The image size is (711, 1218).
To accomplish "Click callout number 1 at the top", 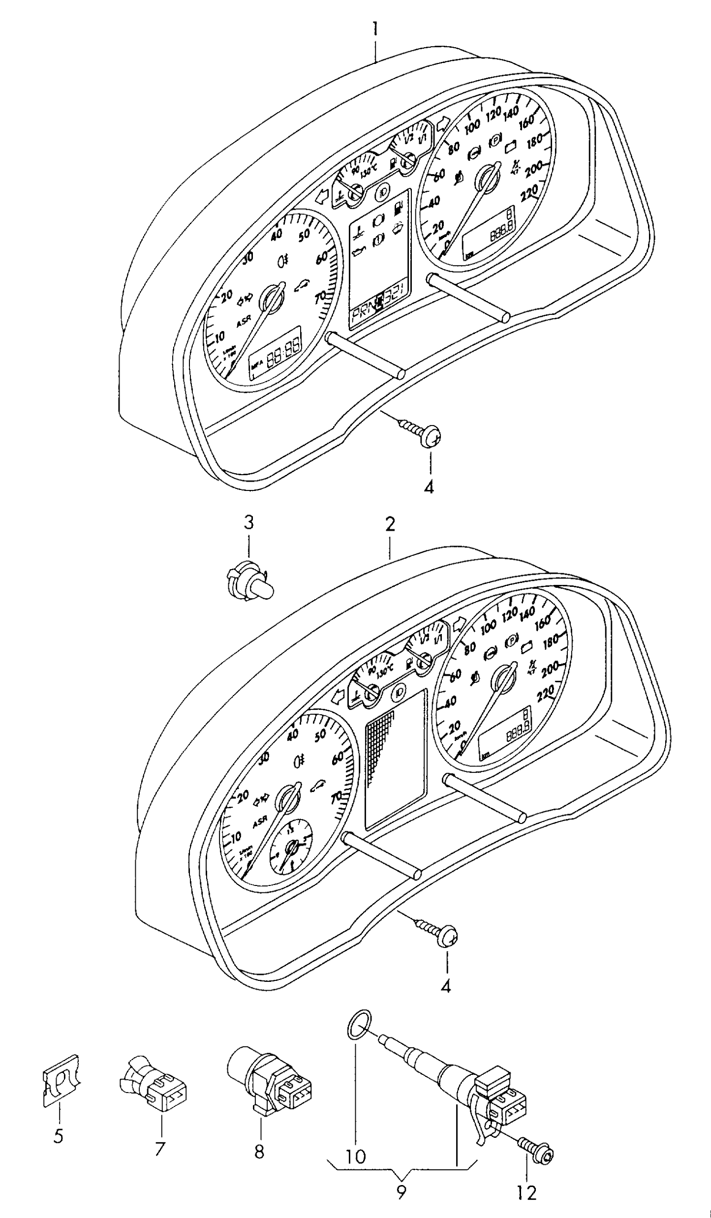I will pyautogui.click(x=375, y=29).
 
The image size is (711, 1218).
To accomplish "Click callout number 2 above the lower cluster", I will pyautogui.click(x=390, y=524).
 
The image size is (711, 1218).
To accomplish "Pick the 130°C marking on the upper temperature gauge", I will pyautogui.click(x=368, y=173).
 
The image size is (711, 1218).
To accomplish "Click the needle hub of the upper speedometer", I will pyautogui.click(x=485, y=180).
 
